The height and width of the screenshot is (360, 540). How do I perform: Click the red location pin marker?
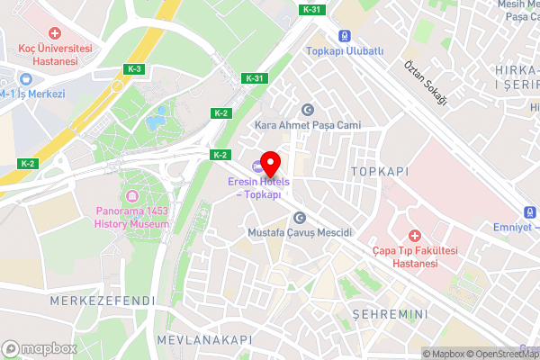pos(271,165)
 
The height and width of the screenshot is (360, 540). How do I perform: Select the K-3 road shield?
pos(134,68)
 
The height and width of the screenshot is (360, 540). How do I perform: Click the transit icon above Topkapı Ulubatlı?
pos(345,36)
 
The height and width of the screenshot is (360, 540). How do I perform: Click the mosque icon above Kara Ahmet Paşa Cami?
pos(307,109)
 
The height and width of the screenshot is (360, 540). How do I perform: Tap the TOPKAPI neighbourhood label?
pos(380,170)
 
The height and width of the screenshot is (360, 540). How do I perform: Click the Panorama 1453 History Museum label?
pos(131,217)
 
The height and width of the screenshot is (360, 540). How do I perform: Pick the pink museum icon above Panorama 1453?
pos(133,196)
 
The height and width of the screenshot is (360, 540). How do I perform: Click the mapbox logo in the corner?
pos(39,348)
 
